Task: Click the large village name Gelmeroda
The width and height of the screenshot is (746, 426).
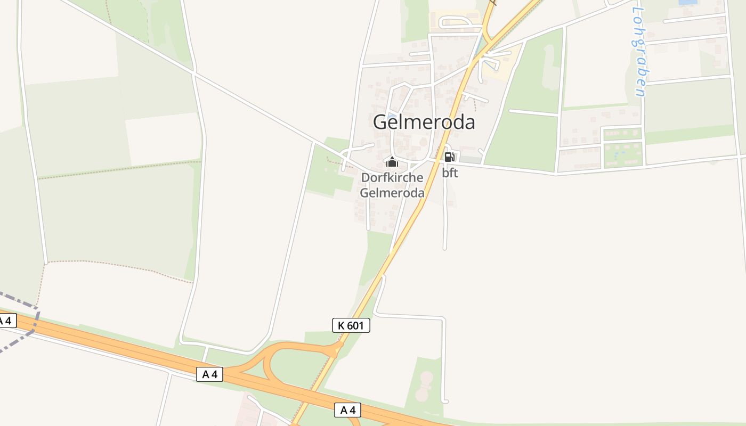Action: (424, 122)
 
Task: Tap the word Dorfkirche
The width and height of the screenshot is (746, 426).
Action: (392, 178)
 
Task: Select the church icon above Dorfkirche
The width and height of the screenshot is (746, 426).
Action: (392, 162)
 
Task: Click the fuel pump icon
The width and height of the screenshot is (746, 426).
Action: (449, 157)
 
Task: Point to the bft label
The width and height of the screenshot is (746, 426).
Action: (450, 173)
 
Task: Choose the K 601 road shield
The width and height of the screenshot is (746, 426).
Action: (351, 325)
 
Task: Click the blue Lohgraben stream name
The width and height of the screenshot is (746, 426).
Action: (638, 51)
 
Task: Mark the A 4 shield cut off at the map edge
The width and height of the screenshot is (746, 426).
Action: (6, 321)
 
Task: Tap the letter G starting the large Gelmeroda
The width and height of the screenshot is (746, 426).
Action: (379, 122)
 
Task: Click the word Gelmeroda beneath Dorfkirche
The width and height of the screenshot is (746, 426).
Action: (392, 192)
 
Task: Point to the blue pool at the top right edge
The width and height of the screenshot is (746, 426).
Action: (687, 2)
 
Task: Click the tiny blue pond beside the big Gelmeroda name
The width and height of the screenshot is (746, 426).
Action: (392, 117)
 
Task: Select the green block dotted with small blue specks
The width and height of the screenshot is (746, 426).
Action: (622, 154)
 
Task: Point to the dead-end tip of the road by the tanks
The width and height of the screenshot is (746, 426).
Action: (445, 401)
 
